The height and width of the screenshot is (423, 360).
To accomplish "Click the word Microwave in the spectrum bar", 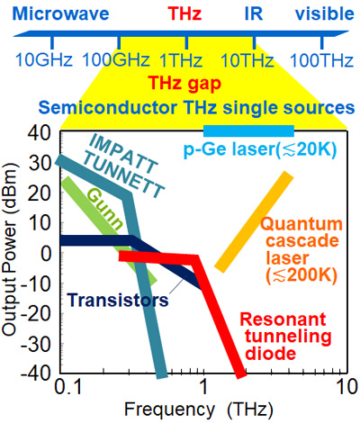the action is click(61, 13).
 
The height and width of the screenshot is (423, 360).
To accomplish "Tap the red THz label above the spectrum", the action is click(184, 13).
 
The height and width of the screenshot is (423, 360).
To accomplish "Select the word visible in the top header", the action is click(325, 13).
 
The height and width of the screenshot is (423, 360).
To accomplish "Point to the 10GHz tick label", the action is click(44, 60).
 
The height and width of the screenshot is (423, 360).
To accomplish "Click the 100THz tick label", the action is click(321, 60).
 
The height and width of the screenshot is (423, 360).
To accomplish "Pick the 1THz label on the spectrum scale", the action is click(180, 60).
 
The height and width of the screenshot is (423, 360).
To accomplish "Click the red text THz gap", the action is click(184, 84).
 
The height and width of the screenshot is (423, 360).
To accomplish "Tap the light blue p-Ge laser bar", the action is click(248, 130).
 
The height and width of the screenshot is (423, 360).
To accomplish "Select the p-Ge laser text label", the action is click(260, 148).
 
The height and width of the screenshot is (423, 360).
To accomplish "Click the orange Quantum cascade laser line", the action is click(254, 222).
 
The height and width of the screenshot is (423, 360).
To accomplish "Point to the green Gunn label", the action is click(105, 210).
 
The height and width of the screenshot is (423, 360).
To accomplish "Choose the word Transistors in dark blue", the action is click(118, 300).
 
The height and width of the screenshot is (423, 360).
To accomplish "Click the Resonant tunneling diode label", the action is click(285, 337).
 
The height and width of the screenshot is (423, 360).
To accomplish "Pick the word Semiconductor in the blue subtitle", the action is click(109, 107).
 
